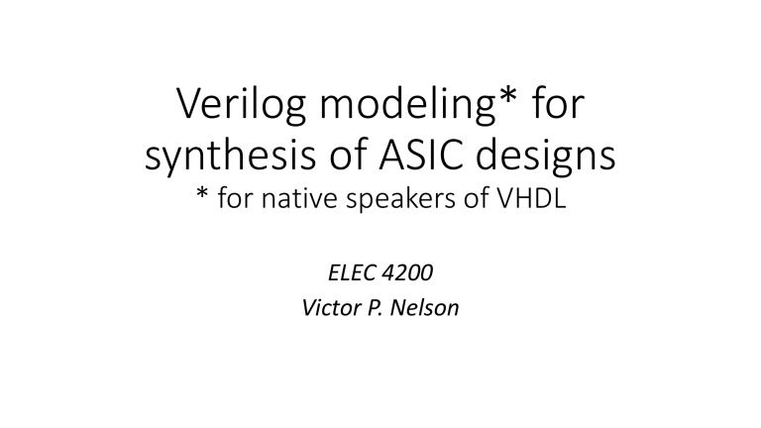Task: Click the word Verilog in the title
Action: click(241, 105)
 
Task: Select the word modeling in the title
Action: click(407, 105)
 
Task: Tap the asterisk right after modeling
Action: click(507, 95)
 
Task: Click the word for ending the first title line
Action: click(558, 102)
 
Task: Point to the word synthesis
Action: click(231, 156)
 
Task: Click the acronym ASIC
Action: click(421, 155)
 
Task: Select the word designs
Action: click(546, 156)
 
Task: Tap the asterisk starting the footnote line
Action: click(202, 193)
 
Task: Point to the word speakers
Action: click(401, 199)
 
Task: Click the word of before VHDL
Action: click(477, 198)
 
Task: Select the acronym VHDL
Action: click(531, 198)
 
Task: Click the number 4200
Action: click(407, 272)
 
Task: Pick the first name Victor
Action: click(332, 308)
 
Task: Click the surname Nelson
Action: click(424, 308)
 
